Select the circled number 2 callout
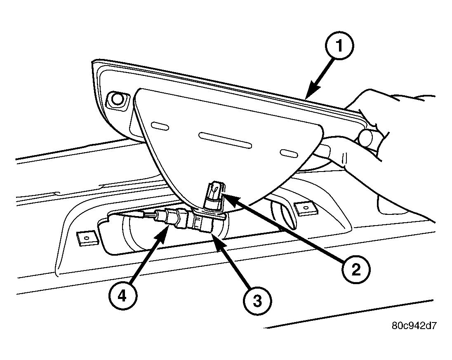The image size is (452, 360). point(356,270)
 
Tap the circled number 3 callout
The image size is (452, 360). point(257,301)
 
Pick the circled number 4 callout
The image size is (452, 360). point(123,296)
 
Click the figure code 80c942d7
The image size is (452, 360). point(414,326)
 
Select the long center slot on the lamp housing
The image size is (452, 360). point(226,140)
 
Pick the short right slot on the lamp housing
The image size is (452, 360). point(290,153)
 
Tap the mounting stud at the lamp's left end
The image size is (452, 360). point(117,100)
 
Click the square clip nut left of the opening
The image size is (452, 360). point(87,238)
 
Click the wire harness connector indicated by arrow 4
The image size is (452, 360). point(170,218)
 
